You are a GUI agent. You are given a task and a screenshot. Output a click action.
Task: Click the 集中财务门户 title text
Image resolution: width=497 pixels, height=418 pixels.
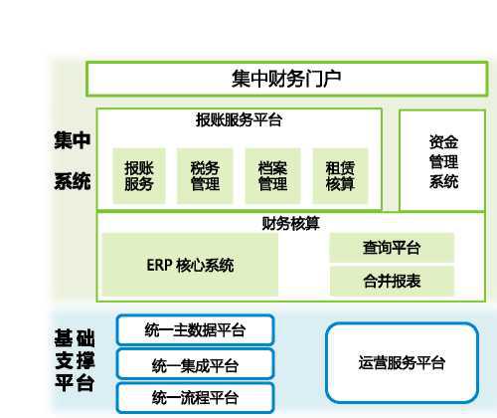coord(286,79)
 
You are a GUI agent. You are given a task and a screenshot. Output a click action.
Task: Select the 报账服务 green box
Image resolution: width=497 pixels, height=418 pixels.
coord(139,176)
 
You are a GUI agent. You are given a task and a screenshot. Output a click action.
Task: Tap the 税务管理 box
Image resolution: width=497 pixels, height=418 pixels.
coord(205,176)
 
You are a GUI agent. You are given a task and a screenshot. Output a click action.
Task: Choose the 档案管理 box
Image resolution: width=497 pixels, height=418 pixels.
coord(272,176)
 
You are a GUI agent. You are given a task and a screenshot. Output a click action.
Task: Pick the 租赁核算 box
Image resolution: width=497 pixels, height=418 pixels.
coord(340,176)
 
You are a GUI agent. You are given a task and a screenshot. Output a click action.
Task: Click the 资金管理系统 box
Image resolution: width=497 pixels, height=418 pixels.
coord(442,161)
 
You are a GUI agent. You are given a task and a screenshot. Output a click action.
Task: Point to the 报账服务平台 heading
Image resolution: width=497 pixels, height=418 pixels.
coord(239,119)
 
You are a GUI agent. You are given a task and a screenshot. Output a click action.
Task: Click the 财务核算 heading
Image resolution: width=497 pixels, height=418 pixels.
coord(290,223)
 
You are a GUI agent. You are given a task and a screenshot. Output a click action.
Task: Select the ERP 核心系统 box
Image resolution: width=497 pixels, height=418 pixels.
coord(190,265)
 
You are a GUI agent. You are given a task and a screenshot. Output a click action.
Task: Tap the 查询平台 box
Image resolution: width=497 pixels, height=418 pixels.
coord(392,248)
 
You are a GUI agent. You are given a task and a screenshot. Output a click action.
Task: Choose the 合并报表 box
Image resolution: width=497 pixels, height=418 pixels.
coord(392,281)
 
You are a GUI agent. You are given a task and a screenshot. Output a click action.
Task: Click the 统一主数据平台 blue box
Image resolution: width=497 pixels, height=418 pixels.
coord(196,330)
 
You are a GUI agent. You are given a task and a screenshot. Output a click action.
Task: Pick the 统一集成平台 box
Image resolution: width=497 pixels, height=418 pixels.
coord(196,364)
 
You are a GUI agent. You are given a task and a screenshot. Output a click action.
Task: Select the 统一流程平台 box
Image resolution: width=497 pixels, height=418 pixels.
coord(196,397)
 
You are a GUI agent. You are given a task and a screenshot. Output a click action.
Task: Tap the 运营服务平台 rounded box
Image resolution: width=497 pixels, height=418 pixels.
coord(402,362)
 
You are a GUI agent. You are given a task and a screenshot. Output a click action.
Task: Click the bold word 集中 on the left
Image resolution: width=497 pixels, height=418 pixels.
coord(73,140)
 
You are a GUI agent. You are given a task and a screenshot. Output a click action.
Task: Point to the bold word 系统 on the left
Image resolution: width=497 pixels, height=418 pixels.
coord(73,181)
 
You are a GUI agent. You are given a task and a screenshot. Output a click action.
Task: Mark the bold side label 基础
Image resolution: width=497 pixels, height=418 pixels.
coord(75,338)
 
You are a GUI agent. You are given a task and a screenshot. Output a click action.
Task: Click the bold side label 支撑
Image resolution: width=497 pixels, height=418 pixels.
coord(75,360)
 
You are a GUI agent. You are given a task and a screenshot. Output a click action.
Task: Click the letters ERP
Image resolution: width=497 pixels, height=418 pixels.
coord(159,265)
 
